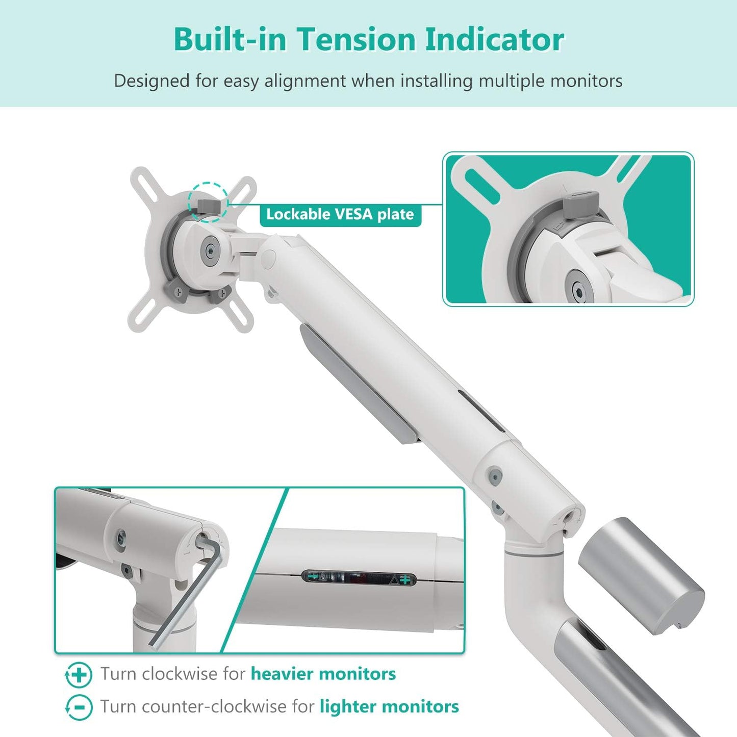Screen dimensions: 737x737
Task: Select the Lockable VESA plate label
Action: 340,214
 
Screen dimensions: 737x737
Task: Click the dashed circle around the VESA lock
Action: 208,202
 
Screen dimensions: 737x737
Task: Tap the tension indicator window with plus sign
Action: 359,578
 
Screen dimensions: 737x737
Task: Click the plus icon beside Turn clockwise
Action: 79,675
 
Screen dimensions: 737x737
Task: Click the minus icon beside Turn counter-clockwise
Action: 79,707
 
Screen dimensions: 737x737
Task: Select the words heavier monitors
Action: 323,674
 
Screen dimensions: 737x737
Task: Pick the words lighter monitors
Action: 389,706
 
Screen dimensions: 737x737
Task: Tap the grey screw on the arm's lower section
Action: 494,475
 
